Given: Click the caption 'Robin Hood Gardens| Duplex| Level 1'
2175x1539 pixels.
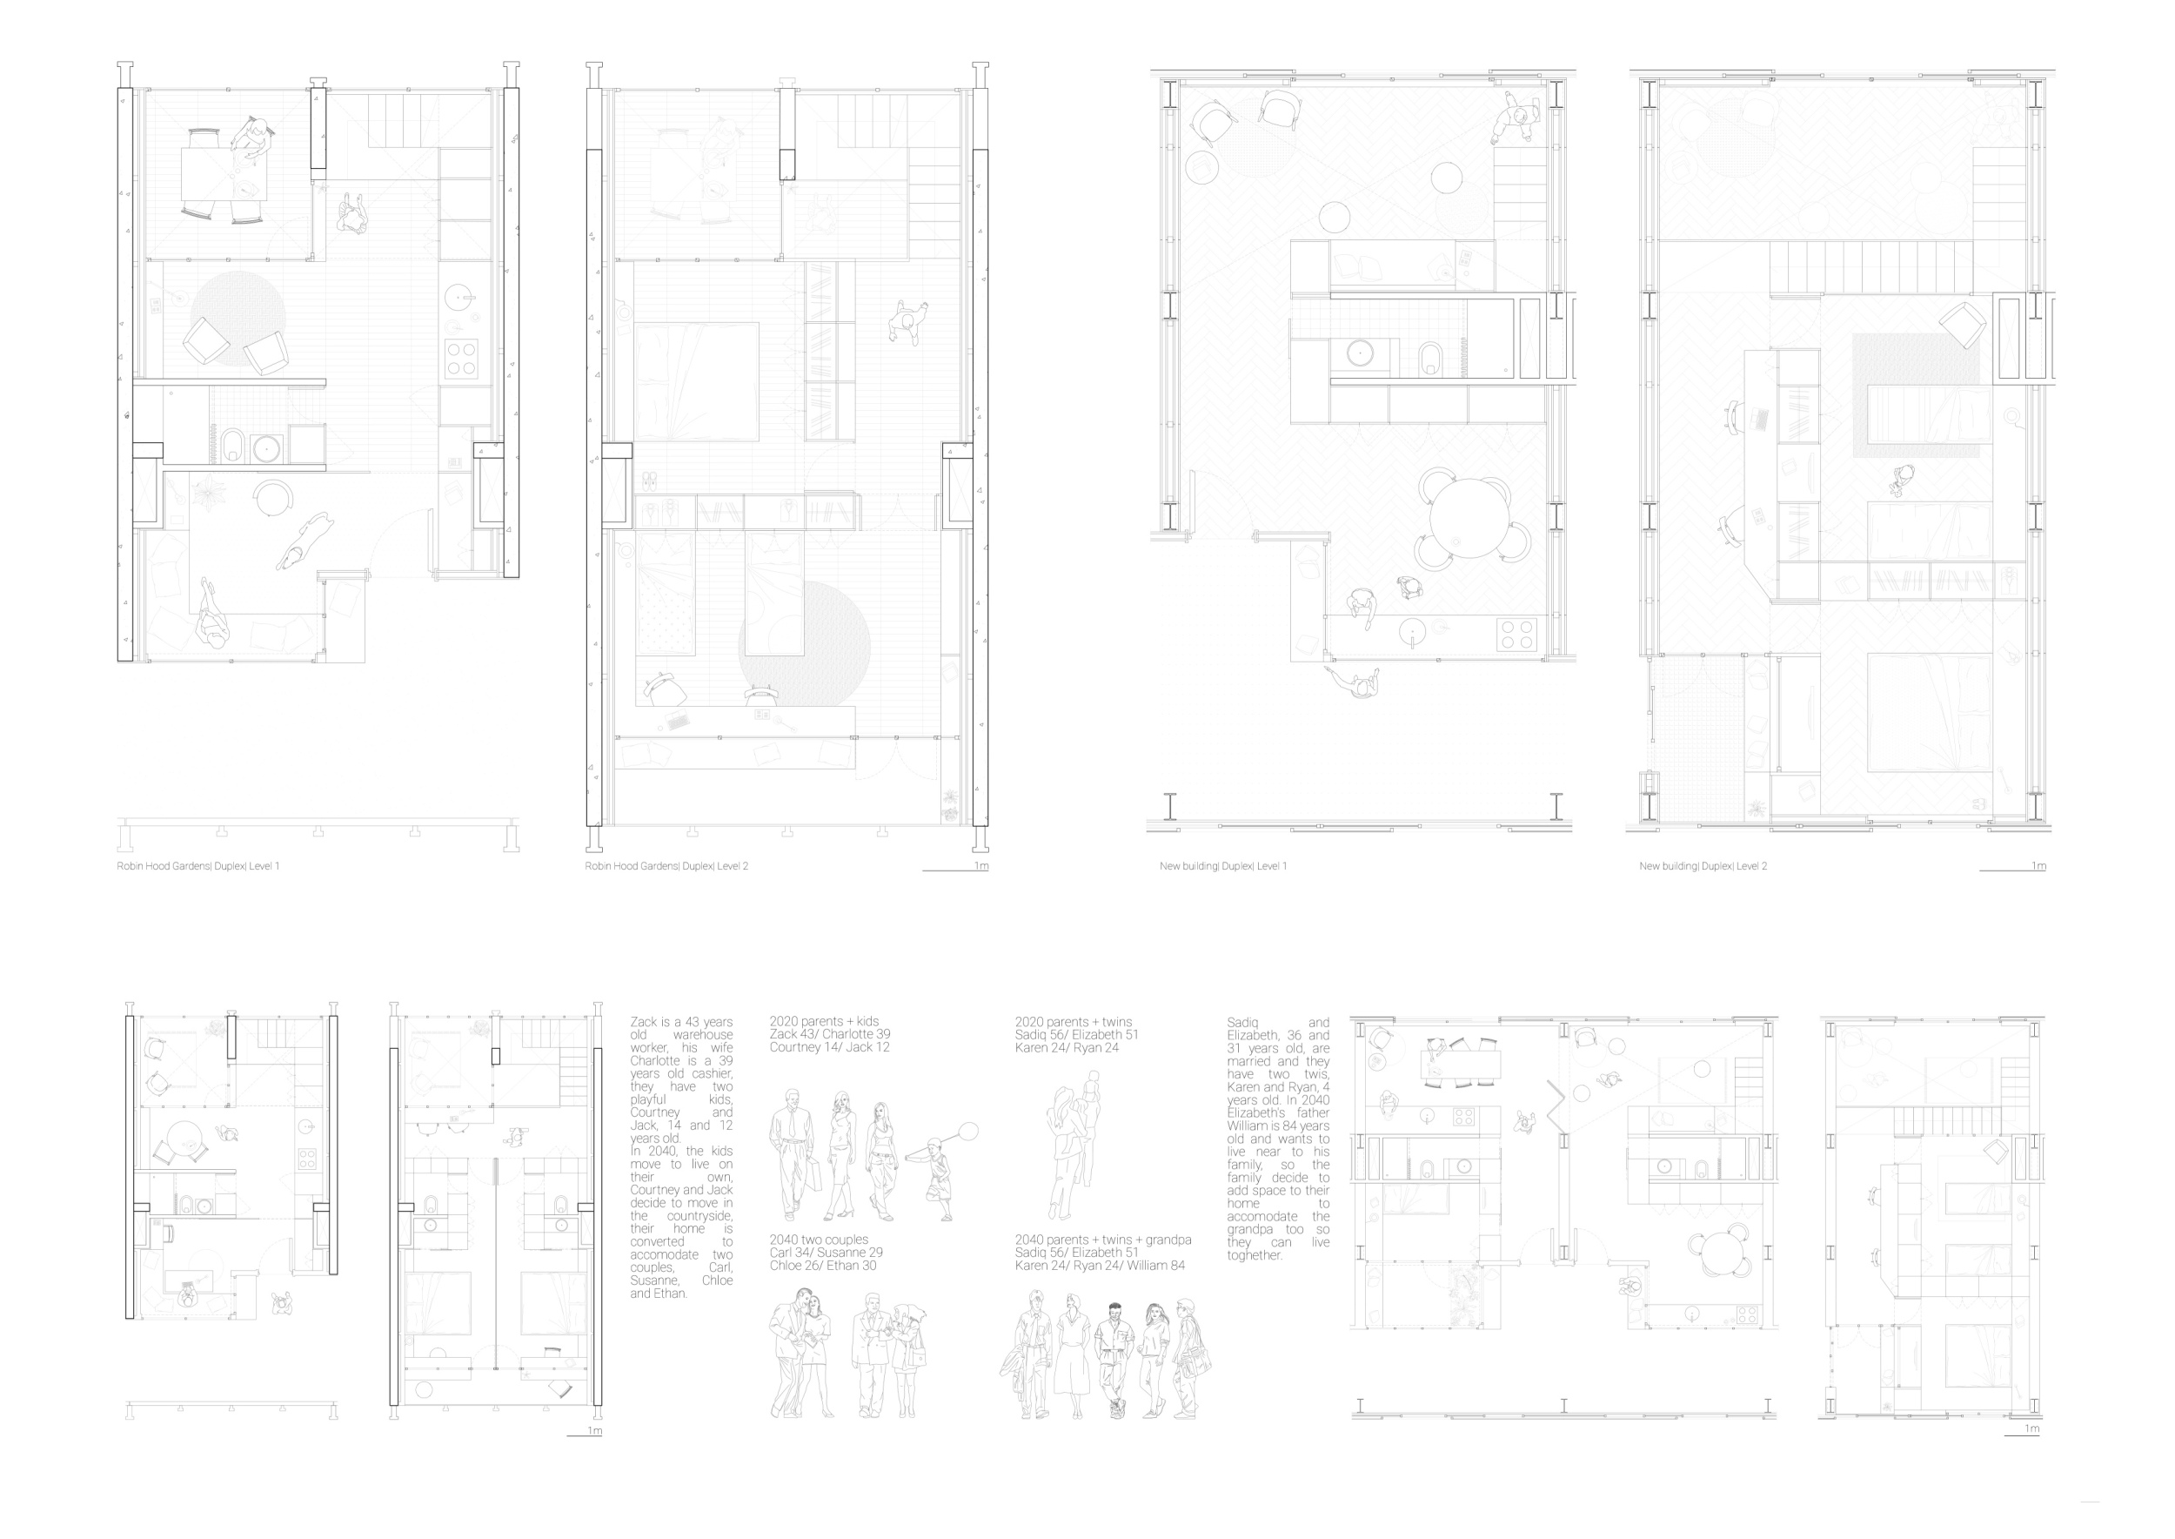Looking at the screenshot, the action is tap(198, 866).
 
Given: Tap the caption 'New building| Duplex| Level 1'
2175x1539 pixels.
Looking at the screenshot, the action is tap(1223, 866).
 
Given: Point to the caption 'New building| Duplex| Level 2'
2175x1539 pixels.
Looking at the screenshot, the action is tap(1703, 866).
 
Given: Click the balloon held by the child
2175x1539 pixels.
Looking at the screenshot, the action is tap(967, 1131).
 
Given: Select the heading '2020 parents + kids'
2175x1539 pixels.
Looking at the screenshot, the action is tap(824, 1022).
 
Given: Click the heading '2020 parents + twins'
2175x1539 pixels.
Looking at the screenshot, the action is tap(1074, 1022).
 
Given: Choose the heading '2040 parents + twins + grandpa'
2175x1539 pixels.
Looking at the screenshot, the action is tap(1102, 1240).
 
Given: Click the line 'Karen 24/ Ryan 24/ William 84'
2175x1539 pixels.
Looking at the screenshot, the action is tap(1100, 1265).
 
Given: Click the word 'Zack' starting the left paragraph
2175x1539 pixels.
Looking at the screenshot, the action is tap(643, 1022).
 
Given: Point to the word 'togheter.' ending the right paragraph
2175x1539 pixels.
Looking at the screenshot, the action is tap(1255, 1254).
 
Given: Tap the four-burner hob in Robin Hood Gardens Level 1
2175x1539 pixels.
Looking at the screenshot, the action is tap(461, 359).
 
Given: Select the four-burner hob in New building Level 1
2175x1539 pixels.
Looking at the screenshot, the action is tap(1516, 634).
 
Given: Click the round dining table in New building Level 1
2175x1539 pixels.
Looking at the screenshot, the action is tap(1469, 520).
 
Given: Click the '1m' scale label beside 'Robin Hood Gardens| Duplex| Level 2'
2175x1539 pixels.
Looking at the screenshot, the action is tap(981, 866).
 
